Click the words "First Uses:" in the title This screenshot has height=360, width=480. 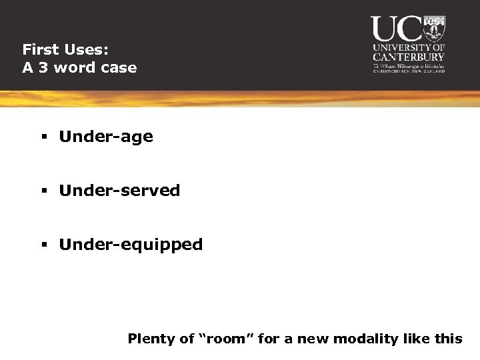coord(65,49)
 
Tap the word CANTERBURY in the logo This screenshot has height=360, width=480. coord(409,57)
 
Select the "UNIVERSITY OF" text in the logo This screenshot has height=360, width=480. coord(409,48)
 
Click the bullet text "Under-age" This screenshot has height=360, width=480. coord(106,137)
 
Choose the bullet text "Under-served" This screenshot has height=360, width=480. coord(119,191)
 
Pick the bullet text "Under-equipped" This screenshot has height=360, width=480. coord(131,245)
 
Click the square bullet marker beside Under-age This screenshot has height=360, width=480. coord(43,137)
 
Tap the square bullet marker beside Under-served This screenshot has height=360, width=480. coord(43,191)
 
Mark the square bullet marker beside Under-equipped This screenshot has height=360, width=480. coord(43,245)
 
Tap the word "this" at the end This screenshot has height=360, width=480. coord(448,339)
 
